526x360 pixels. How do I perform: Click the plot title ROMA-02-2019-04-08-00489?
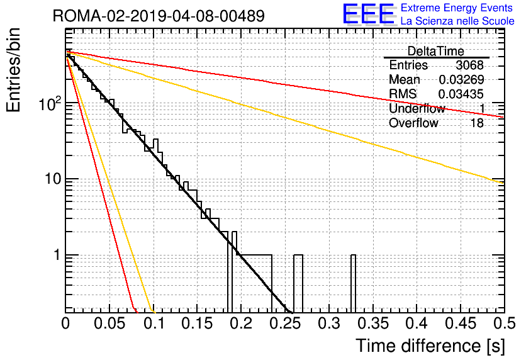tap(159, 16)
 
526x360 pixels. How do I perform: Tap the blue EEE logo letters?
tap(368, 14)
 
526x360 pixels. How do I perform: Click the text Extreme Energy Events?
tap(457, 8)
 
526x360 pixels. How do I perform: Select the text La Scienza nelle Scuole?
tap(457, 21)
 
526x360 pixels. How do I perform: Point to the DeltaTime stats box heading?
tap(436, 51)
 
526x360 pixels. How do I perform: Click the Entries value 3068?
tap(469, 65)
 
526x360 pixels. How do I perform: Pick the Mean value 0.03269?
tap(461, 79)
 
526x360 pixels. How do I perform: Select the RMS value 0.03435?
tap(461, 94)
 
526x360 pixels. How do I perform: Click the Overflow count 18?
tap(477, 123)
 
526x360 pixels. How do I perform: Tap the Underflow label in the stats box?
tap(417, 108)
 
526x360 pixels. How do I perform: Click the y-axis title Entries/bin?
tap(13, 70)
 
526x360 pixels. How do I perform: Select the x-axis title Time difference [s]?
tap(430, 346)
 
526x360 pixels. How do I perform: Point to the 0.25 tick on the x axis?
tap(285, 323)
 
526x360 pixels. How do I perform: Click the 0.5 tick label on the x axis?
tap(505, 323)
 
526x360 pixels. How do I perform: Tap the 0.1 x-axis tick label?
tap(154, 323)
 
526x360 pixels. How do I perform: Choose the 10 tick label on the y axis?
tap(53, 179)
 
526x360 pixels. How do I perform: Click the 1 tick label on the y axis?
tap(57, 255)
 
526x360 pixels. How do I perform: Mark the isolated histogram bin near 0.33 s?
tap(353, 283)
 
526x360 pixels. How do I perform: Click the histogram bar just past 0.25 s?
tap(298, 283)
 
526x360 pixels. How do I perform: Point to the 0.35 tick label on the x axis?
tap(373, 323)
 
